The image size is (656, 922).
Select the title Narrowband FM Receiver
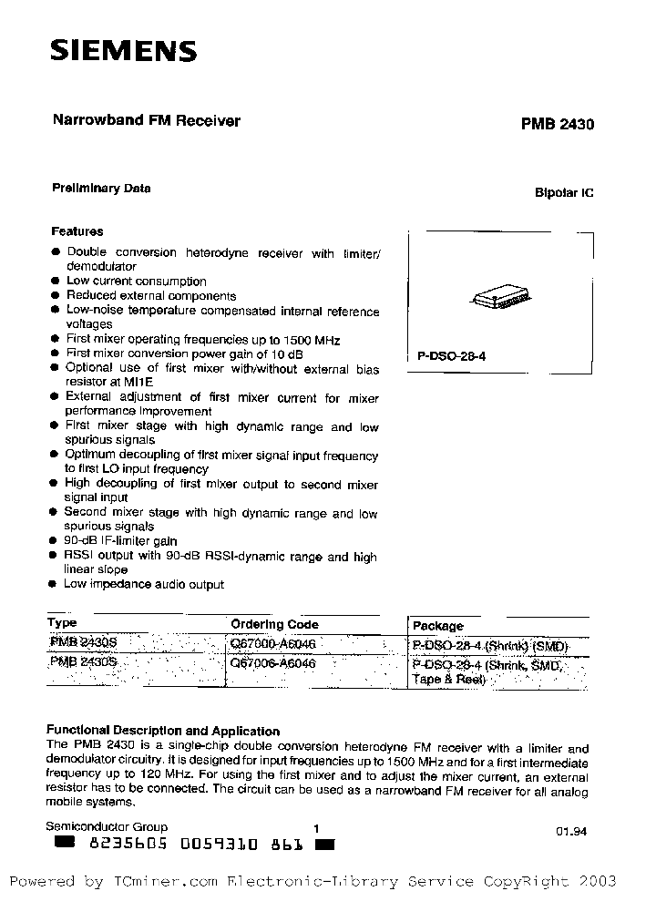[143, 121]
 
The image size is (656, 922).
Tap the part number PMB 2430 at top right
[558, 125]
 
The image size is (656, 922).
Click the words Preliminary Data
[100, 189]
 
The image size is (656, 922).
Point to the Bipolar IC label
[564, 194]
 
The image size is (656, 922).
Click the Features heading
[77, 231]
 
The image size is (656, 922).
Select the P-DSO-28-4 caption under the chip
[452, 357]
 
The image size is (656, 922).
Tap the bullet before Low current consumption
[56, 282]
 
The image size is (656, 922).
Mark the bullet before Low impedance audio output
[56, 584]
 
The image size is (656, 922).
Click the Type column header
[62, 624]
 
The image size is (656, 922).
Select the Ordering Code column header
[274, 625]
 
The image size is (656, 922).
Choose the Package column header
[437, 626]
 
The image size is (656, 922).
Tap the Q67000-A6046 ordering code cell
[273, 643]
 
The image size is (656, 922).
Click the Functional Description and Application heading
[163, 731]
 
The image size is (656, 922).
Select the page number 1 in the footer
[316, 828]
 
